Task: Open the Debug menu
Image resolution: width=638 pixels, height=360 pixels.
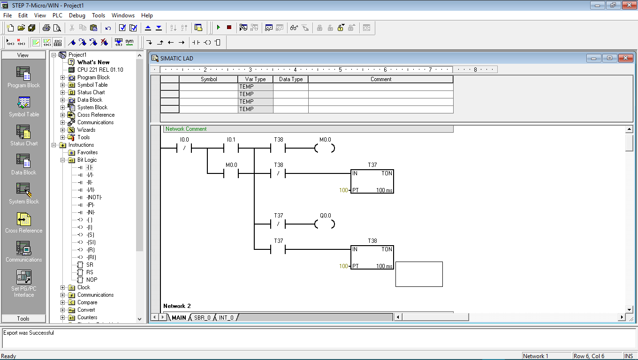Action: pos(77,15)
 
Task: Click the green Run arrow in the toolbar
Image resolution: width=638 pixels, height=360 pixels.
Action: pos(219,28)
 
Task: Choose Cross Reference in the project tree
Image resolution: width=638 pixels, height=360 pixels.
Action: pos(96,115)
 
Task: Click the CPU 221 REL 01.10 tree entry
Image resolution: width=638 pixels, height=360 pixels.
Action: pos(100,70)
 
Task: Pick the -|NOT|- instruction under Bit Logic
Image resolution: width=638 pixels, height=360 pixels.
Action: pos(94,197)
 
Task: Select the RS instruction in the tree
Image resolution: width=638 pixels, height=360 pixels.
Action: pos(90,272)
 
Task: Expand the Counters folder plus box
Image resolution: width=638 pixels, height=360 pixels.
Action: pos(63,317)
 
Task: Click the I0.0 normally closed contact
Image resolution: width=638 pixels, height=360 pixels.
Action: pos(184,148)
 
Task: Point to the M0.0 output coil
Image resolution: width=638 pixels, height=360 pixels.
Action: pos(325,148)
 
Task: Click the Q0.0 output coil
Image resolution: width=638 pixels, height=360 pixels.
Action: pos(325,224)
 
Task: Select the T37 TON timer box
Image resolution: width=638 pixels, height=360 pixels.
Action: pos(372,181)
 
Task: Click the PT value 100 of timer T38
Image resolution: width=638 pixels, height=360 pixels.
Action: pos(343,266)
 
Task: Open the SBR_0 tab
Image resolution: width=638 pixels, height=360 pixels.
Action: pos(202,318)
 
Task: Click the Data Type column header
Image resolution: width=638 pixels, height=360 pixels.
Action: pos(290,79)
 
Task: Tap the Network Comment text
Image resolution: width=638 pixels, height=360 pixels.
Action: pos(186,129)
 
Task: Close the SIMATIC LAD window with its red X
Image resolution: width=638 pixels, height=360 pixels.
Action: pos(625,58)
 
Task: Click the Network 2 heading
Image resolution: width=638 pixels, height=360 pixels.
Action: pos(177,306)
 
